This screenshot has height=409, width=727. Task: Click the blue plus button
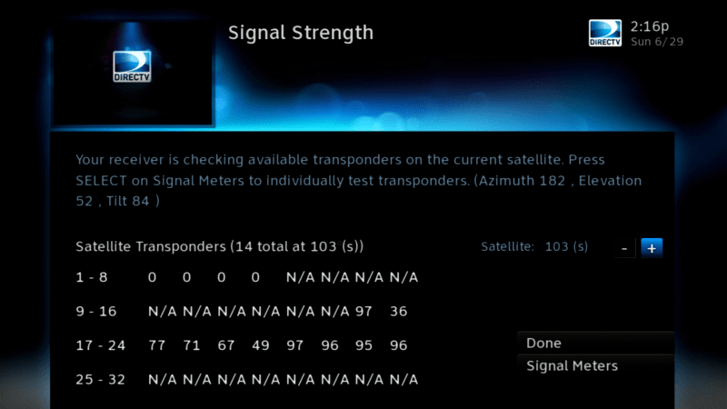point(652,248)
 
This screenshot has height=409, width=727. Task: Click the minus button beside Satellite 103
point(624,248)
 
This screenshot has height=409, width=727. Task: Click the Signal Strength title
point(301,33)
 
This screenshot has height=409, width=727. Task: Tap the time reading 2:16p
point(650,26)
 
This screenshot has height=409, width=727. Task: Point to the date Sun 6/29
point(657,42)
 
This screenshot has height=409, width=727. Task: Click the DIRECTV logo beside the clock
point(605,33)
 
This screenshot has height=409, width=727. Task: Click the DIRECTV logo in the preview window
point(132,66)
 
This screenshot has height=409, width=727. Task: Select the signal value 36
point(398,311)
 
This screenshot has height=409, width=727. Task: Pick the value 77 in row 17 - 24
point(156,345)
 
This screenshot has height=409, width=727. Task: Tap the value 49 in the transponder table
point(261,345)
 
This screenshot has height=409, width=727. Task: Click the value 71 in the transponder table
point(191,345)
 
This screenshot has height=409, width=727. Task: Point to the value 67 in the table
point(225,345)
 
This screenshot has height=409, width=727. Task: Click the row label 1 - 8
point(92,277)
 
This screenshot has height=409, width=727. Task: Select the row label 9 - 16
point(96,311)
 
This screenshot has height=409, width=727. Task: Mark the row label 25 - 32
point(101,380)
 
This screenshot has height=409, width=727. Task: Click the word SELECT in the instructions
point(101,180)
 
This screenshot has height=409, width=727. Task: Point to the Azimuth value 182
point(553,180)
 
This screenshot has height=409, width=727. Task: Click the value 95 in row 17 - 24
point(364,345)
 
